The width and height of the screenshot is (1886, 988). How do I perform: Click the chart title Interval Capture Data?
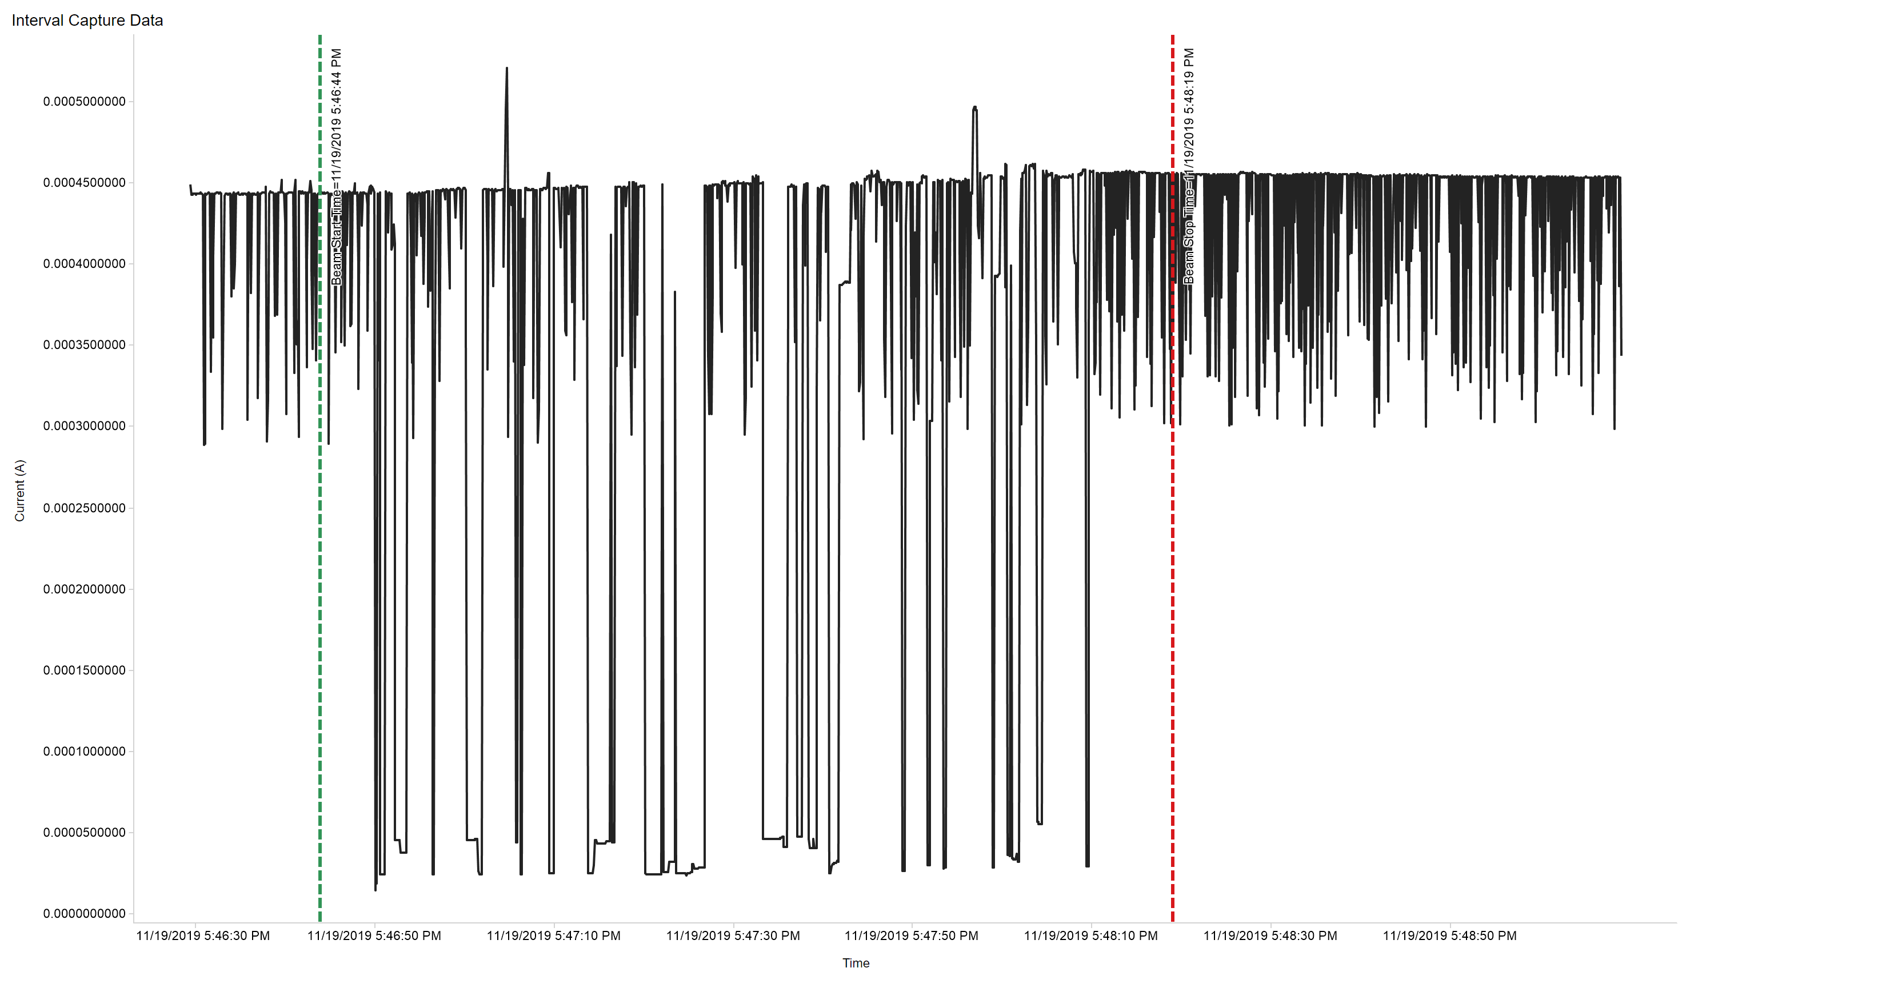(x=87, y=21)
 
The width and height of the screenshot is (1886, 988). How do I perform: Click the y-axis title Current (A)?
(x=20, y=491)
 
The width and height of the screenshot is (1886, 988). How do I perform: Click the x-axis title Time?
(x=855, y=963)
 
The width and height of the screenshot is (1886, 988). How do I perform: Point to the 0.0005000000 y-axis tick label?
(x=84, y=102)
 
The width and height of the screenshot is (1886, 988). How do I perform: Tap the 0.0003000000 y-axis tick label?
(x=84, y=427)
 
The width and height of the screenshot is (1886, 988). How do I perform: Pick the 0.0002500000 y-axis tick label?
(x=84, y=508)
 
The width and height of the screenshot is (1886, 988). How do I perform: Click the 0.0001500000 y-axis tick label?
(x=84, y=670)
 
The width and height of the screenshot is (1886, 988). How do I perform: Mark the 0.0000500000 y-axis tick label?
(x=84, y=833)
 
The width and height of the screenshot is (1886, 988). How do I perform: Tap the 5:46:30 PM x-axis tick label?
(x=203, y=936)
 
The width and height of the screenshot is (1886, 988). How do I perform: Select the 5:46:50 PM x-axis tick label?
(x=374, y=936)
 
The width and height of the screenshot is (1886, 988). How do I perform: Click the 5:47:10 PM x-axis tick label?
(x=553, y=936)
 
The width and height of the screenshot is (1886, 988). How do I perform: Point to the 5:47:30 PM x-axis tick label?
(x=733, y=936)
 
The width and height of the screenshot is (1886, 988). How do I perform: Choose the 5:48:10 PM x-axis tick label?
(x=1091, y=936)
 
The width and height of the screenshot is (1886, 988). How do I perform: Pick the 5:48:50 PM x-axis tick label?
(x=1449, y=936)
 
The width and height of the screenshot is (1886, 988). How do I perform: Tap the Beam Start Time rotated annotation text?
(x=336, y=167)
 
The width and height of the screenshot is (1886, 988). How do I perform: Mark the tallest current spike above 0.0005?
(x=506, y=70)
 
